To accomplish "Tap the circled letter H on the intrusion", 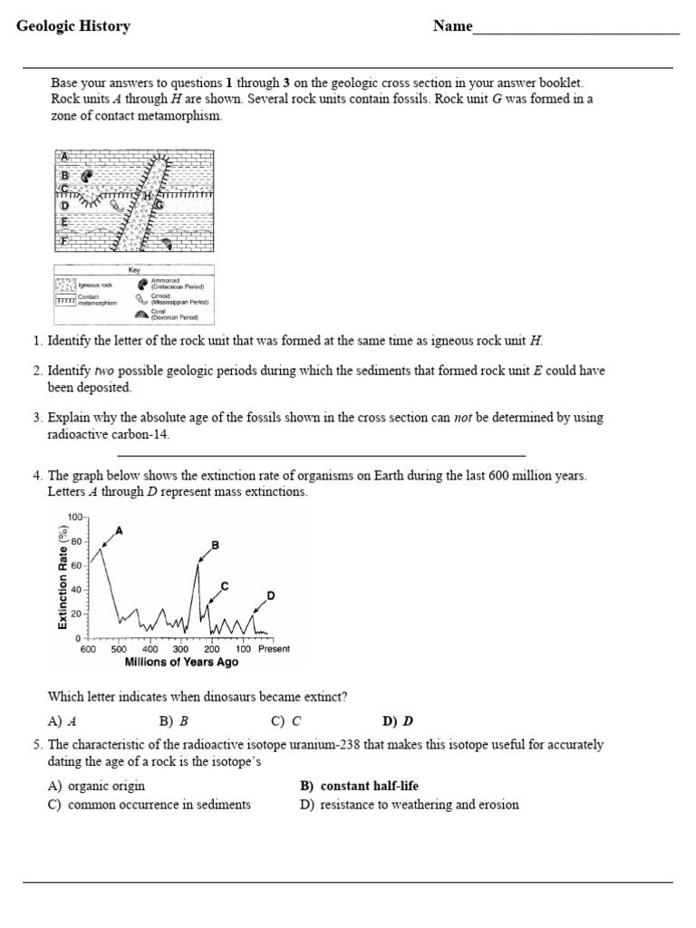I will [147, 195].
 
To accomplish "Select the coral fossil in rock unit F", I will [166, 242].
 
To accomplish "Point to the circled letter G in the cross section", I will [159, 205].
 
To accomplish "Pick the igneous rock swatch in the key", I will [66, 285].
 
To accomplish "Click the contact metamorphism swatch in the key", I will [66, 300].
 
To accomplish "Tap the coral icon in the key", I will [143, 314].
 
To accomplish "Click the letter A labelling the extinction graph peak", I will [120, 529].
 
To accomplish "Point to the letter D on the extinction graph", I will [270, 594].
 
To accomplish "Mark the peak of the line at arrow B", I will [198, 564].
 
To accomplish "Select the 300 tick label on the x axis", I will [180, 649].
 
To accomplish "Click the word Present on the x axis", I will [273, 649].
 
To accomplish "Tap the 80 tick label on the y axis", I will [76, 541].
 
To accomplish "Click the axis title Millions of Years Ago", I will [181, 662].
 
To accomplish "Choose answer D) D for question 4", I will [397, 721].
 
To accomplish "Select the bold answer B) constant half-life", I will [359, 786].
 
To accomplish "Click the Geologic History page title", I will [73, 26].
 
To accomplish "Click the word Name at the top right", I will [452, 26].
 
